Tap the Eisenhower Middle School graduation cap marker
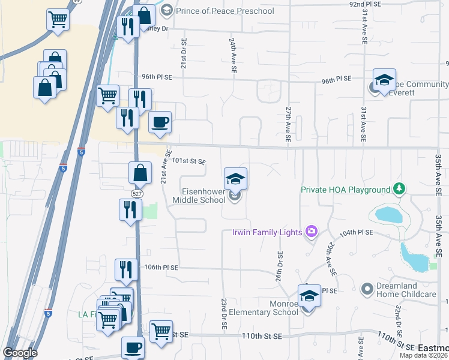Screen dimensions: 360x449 235,179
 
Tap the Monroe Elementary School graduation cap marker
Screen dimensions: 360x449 309,296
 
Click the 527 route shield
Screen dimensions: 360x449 137,191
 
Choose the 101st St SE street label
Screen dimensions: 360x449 189,161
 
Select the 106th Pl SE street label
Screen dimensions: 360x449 162,267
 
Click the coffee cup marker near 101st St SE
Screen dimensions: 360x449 160,122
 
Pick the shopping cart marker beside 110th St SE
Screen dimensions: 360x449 161,331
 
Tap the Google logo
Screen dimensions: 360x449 20,353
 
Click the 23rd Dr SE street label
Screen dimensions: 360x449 223,313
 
